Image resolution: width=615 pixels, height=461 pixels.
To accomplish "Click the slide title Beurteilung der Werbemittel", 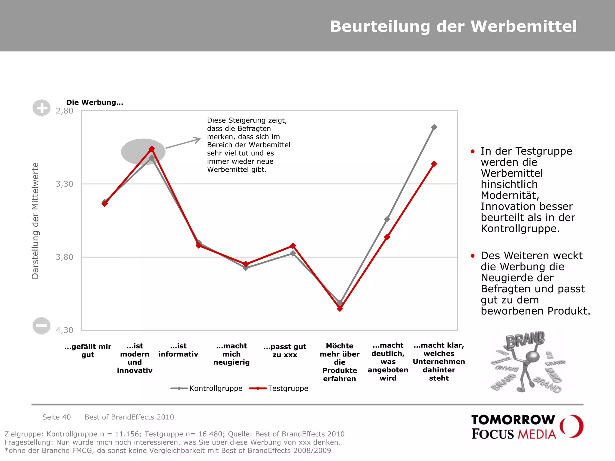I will tap(453, 26).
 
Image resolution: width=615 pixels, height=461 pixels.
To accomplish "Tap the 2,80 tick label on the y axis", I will tap(65, 111).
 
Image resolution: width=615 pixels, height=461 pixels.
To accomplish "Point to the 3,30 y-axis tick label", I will tap(65, 184).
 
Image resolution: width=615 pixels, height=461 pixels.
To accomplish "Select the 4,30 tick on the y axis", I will tap(65, 330).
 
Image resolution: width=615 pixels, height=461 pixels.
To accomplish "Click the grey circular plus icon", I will tap(41, 108).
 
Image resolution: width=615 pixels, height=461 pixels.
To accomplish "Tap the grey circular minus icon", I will tap(41, 326).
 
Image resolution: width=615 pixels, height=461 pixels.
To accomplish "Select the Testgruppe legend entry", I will tap(279, 388).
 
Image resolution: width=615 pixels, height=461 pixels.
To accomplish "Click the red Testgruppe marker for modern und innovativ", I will tap(152, 149).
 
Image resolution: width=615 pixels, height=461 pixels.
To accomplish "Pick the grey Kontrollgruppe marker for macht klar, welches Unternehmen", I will tap(434, 127).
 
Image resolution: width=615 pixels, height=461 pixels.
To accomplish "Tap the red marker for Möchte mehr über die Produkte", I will tap(340, 309).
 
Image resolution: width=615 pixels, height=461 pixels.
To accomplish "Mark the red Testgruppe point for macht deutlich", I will tap(387, 237).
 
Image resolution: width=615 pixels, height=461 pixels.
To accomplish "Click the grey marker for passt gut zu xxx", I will tap(293, 254).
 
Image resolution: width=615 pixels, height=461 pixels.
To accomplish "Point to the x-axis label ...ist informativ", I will tap(178, 350).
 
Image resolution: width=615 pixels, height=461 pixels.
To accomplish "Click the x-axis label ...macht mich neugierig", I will tap(232, 354).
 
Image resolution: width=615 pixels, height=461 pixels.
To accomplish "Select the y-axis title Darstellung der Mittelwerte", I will tap(35, 221).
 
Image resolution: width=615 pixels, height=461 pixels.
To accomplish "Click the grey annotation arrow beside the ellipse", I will tap(183, 143).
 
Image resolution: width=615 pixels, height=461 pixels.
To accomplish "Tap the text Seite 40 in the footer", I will tap(56, 417).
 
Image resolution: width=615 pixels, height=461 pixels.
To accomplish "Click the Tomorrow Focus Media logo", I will tap(527, 427).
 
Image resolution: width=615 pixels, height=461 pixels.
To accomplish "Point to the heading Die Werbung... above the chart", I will tap(95, 102).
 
